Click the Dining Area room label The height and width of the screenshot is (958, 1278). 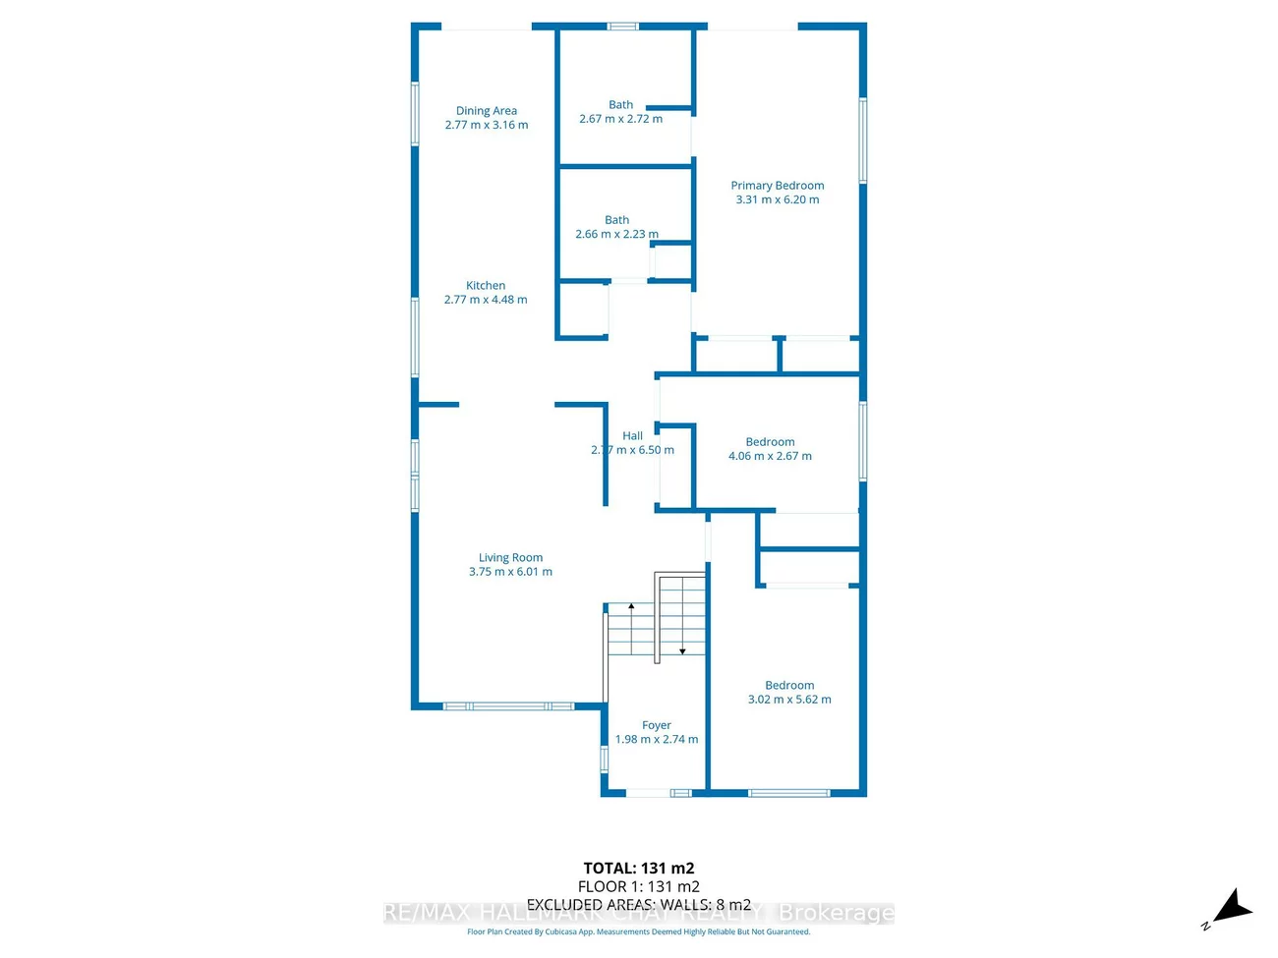pyautogui.click(x=486, y=111)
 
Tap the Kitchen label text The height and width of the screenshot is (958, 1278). pyautogui.click(x=486, y=286)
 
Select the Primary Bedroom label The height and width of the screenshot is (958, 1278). pyautogui.click(x=777, y=186)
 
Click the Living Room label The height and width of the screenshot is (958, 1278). pyautogui.click(x=510, y=558)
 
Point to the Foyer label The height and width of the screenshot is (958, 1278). pyautogui.click(x=656, y=726)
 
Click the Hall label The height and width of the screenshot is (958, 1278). pyautogui.click(x=632, y=436)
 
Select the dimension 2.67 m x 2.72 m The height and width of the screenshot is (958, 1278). pyautogui.click(x=620, y=119)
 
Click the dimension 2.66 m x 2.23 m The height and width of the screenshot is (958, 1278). pyautogui.click(x=616, y=235)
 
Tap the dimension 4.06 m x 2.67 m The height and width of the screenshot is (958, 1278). pyautogui.click(x=770, y=456)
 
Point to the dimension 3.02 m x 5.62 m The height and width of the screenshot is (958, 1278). pyautogui.click(x=789, y=700)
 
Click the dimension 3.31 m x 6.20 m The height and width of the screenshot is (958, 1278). pyautogui.click(x=777, y=199)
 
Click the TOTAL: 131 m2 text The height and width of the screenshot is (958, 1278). pyautogui.click(x=639, y=869)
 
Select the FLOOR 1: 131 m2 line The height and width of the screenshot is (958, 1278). pyautogui.click(x=639, y=886)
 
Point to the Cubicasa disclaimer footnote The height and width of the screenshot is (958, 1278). pyautogui.click(x=639, y=932)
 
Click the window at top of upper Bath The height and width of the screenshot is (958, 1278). pyautogui.click(x=622, y=27)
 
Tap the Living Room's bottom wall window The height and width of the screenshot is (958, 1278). pyautogui.click(x=507, y=706)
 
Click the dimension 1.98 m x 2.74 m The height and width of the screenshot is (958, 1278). pyautogui.click(x=656, y=740)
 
